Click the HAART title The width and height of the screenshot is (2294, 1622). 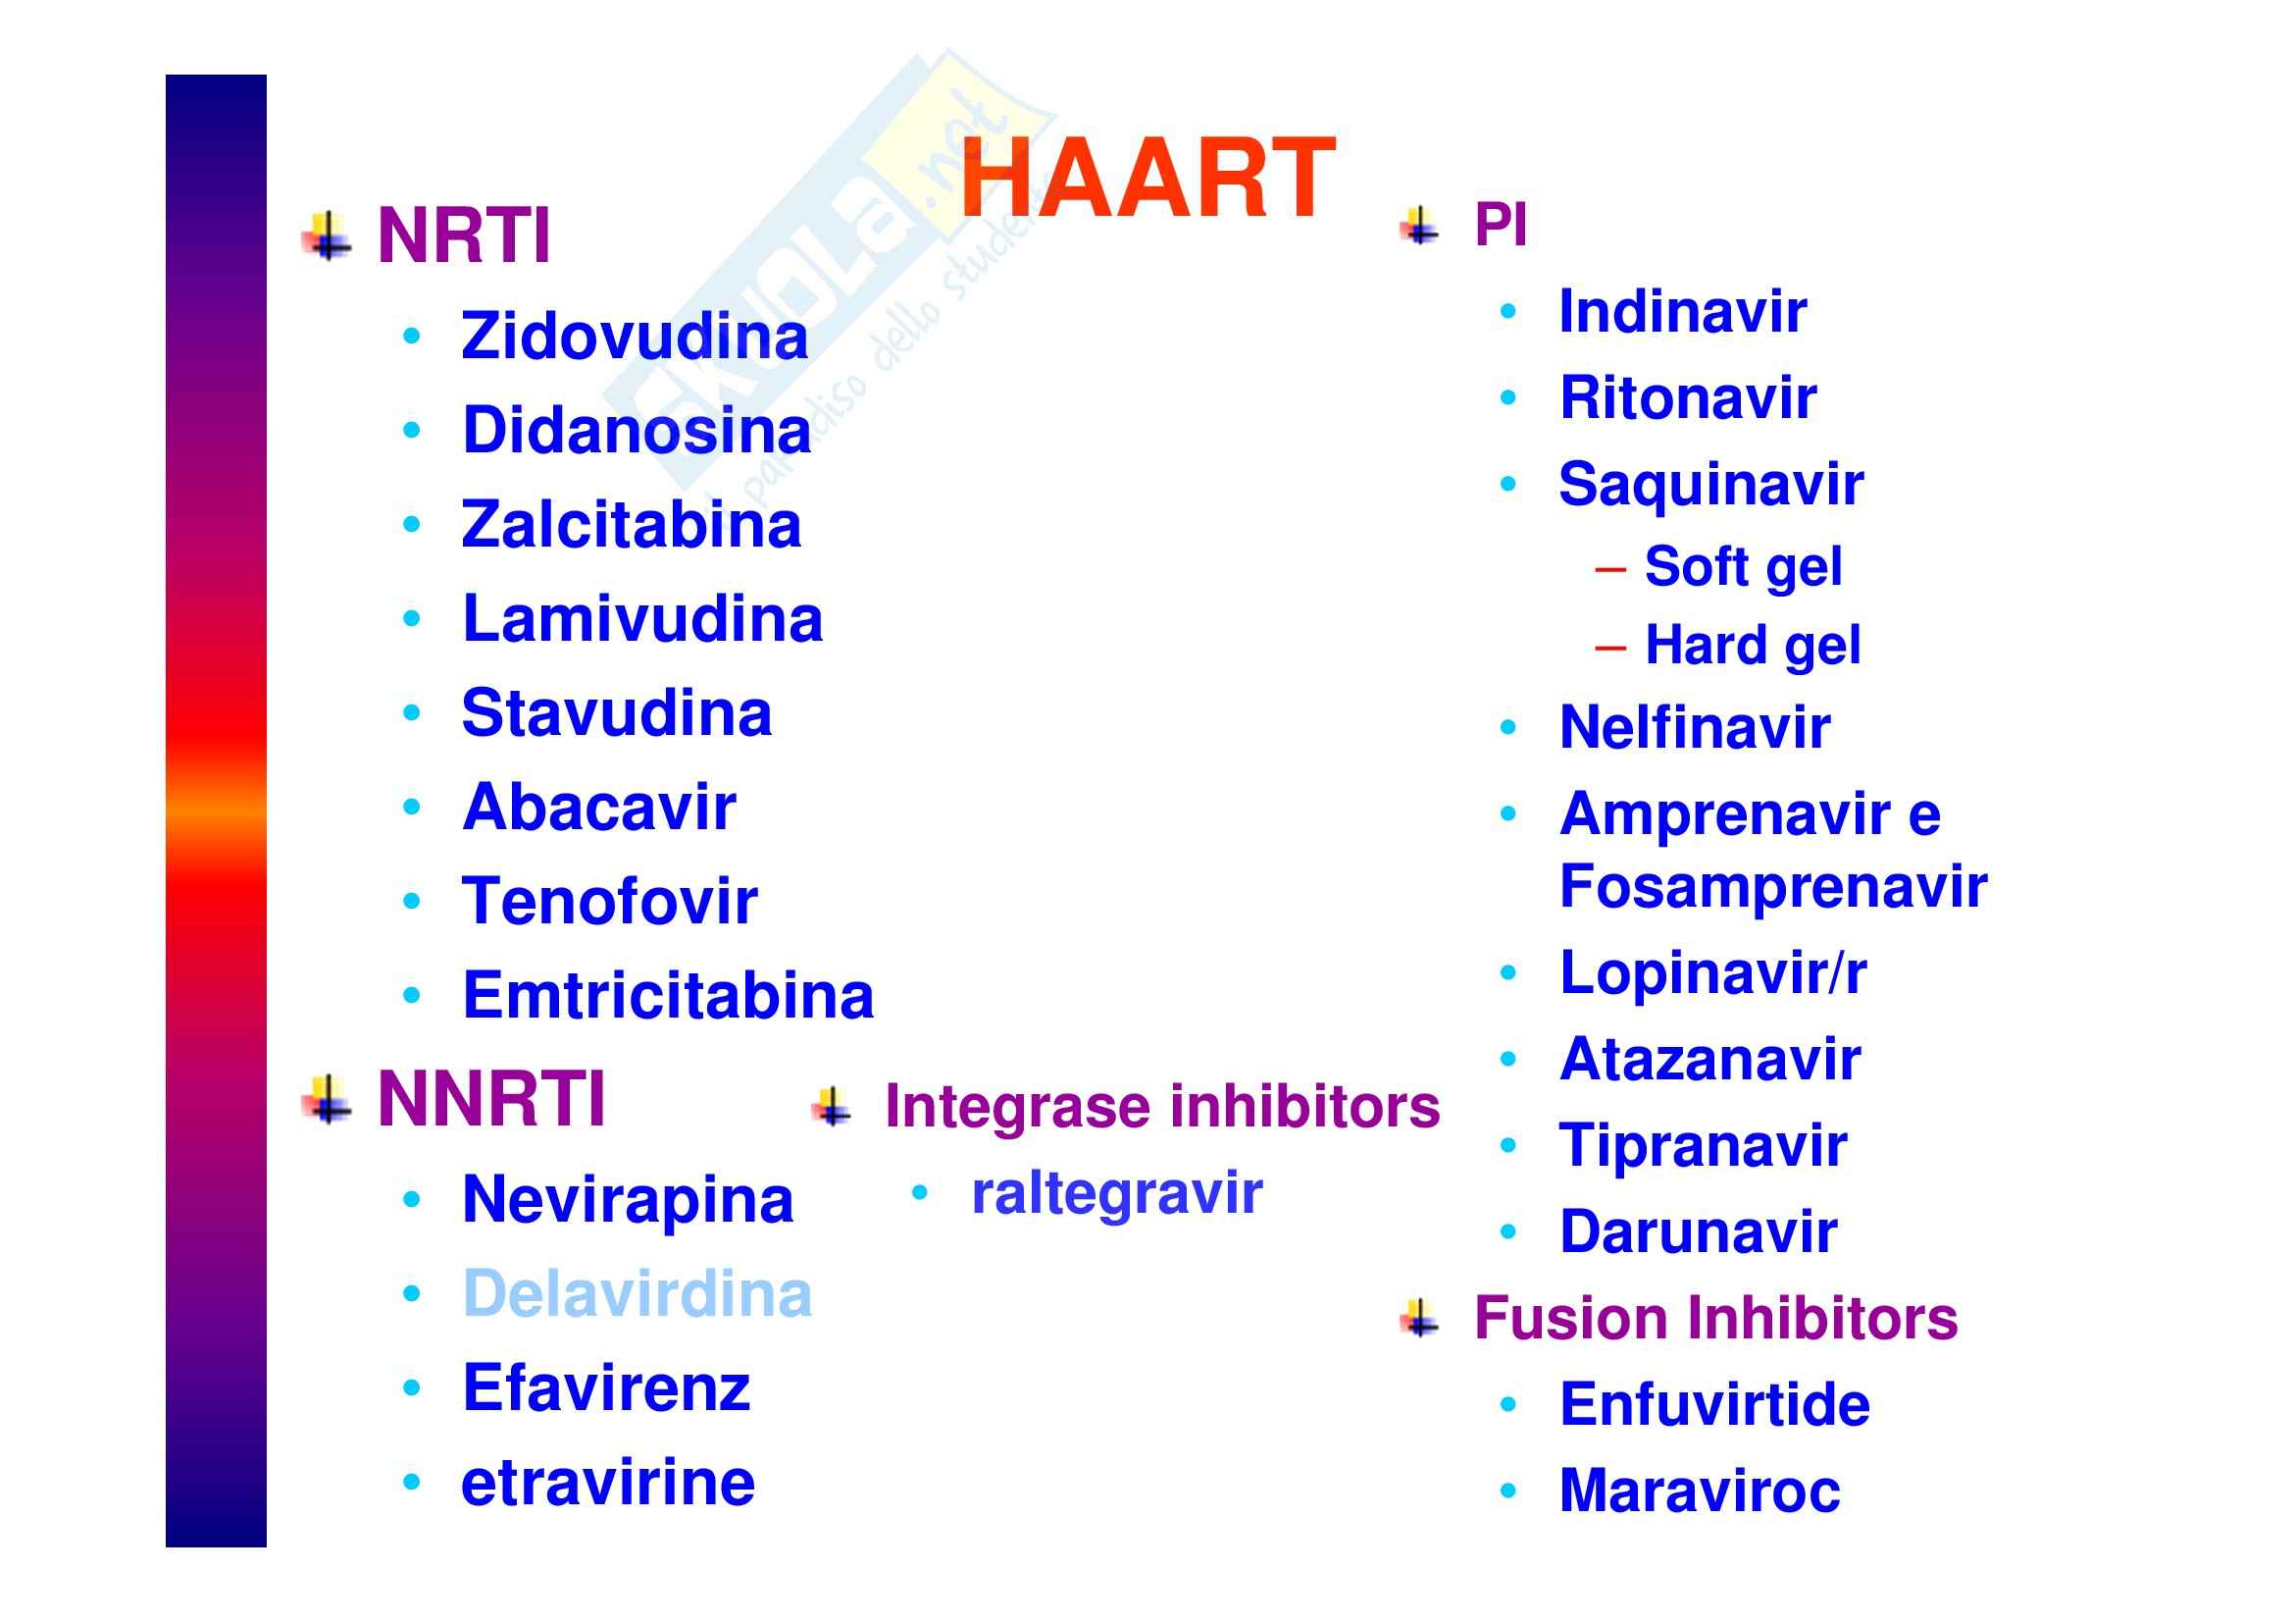(1148, 178)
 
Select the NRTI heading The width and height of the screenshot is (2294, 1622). (464, 236)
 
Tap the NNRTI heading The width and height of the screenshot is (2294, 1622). (491, 1099)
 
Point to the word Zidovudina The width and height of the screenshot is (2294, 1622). (635, 336)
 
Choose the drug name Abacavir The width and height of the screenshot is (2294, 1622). (598, 807)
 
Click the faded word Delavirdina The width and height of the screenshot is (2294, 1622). (637, 1294)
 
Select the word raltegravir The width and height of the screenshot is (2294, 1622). (1117, 1194)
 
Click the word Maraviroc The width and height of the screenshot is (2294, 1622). (1700, 1491)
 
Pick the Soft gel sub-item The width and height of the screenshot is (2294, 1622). (1744, 567)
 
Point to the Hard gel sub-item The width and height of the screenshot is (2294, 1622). (1753, 646)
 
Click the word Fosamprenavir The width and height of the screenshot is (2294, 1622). (1773, 886)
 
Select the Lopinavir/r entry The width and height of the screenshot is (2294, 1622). (1712, 972)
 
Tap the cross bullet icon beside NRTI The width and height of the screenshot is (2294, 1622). (327, 235)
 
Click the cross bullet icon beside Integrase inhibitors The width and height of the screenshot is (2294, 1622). (832, 1107)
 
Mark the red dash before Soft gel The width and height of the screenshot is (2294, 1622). (1610, 570)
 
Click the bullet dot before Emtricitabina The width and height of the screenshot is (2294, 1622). (412, 994)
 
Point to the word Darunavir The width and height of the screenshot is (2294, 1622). (1699, 1231)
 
